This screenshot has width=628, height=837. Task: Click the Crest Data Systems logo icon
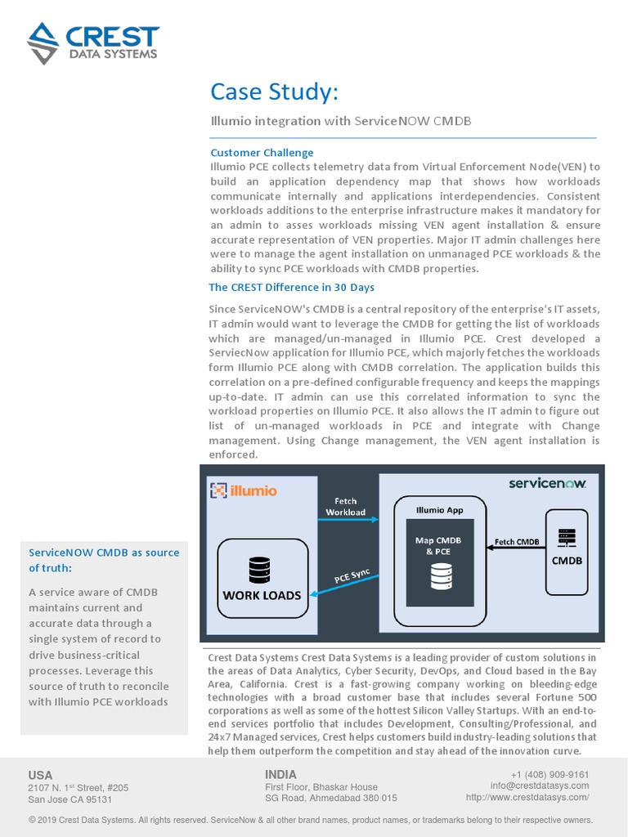[x=43, y=43]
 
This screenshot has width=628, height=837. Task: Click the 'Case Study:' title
[x=273, y=92]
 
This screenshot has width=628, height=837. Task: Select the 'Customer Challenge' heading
[x=262, y=153]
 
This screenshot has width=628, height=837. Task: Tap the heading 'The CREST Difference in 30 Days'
[x=291, y=287]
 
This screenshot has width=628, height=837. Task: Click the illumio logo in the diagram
[x=244, y=490]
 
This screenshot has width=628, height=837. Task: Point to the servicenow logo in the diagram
[x=547, y=483]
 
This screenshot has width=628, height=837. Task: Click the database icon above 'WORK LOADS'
[x=258, y=568]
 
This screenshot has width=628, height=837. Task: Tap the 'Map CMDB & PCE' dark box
[x=433, y=565]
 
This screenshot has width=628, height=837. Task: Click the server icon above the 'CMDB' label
[x=567, y=538]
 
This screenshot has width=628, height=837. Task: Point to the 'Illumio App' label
[x=439, y=510]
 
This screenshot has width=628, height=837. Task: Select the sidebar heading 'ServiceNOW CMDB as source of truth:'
[x=104, y=560]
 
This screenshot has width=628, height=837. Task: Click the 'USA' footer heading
[x=40, y=775]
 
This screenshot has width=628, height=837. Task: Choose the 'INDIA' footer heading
[x=281, y=774]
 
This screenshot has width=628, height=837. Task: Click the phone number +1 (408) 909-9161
[x=549, y=775]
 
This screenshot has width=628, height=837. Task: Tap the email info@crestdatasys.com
[x=540, y=786]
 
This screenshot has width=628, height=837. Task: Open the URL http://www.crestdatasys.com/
[x=527, y=797]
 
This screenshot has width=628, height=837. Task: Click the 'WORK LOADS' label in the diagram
[x=262, y=595]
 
